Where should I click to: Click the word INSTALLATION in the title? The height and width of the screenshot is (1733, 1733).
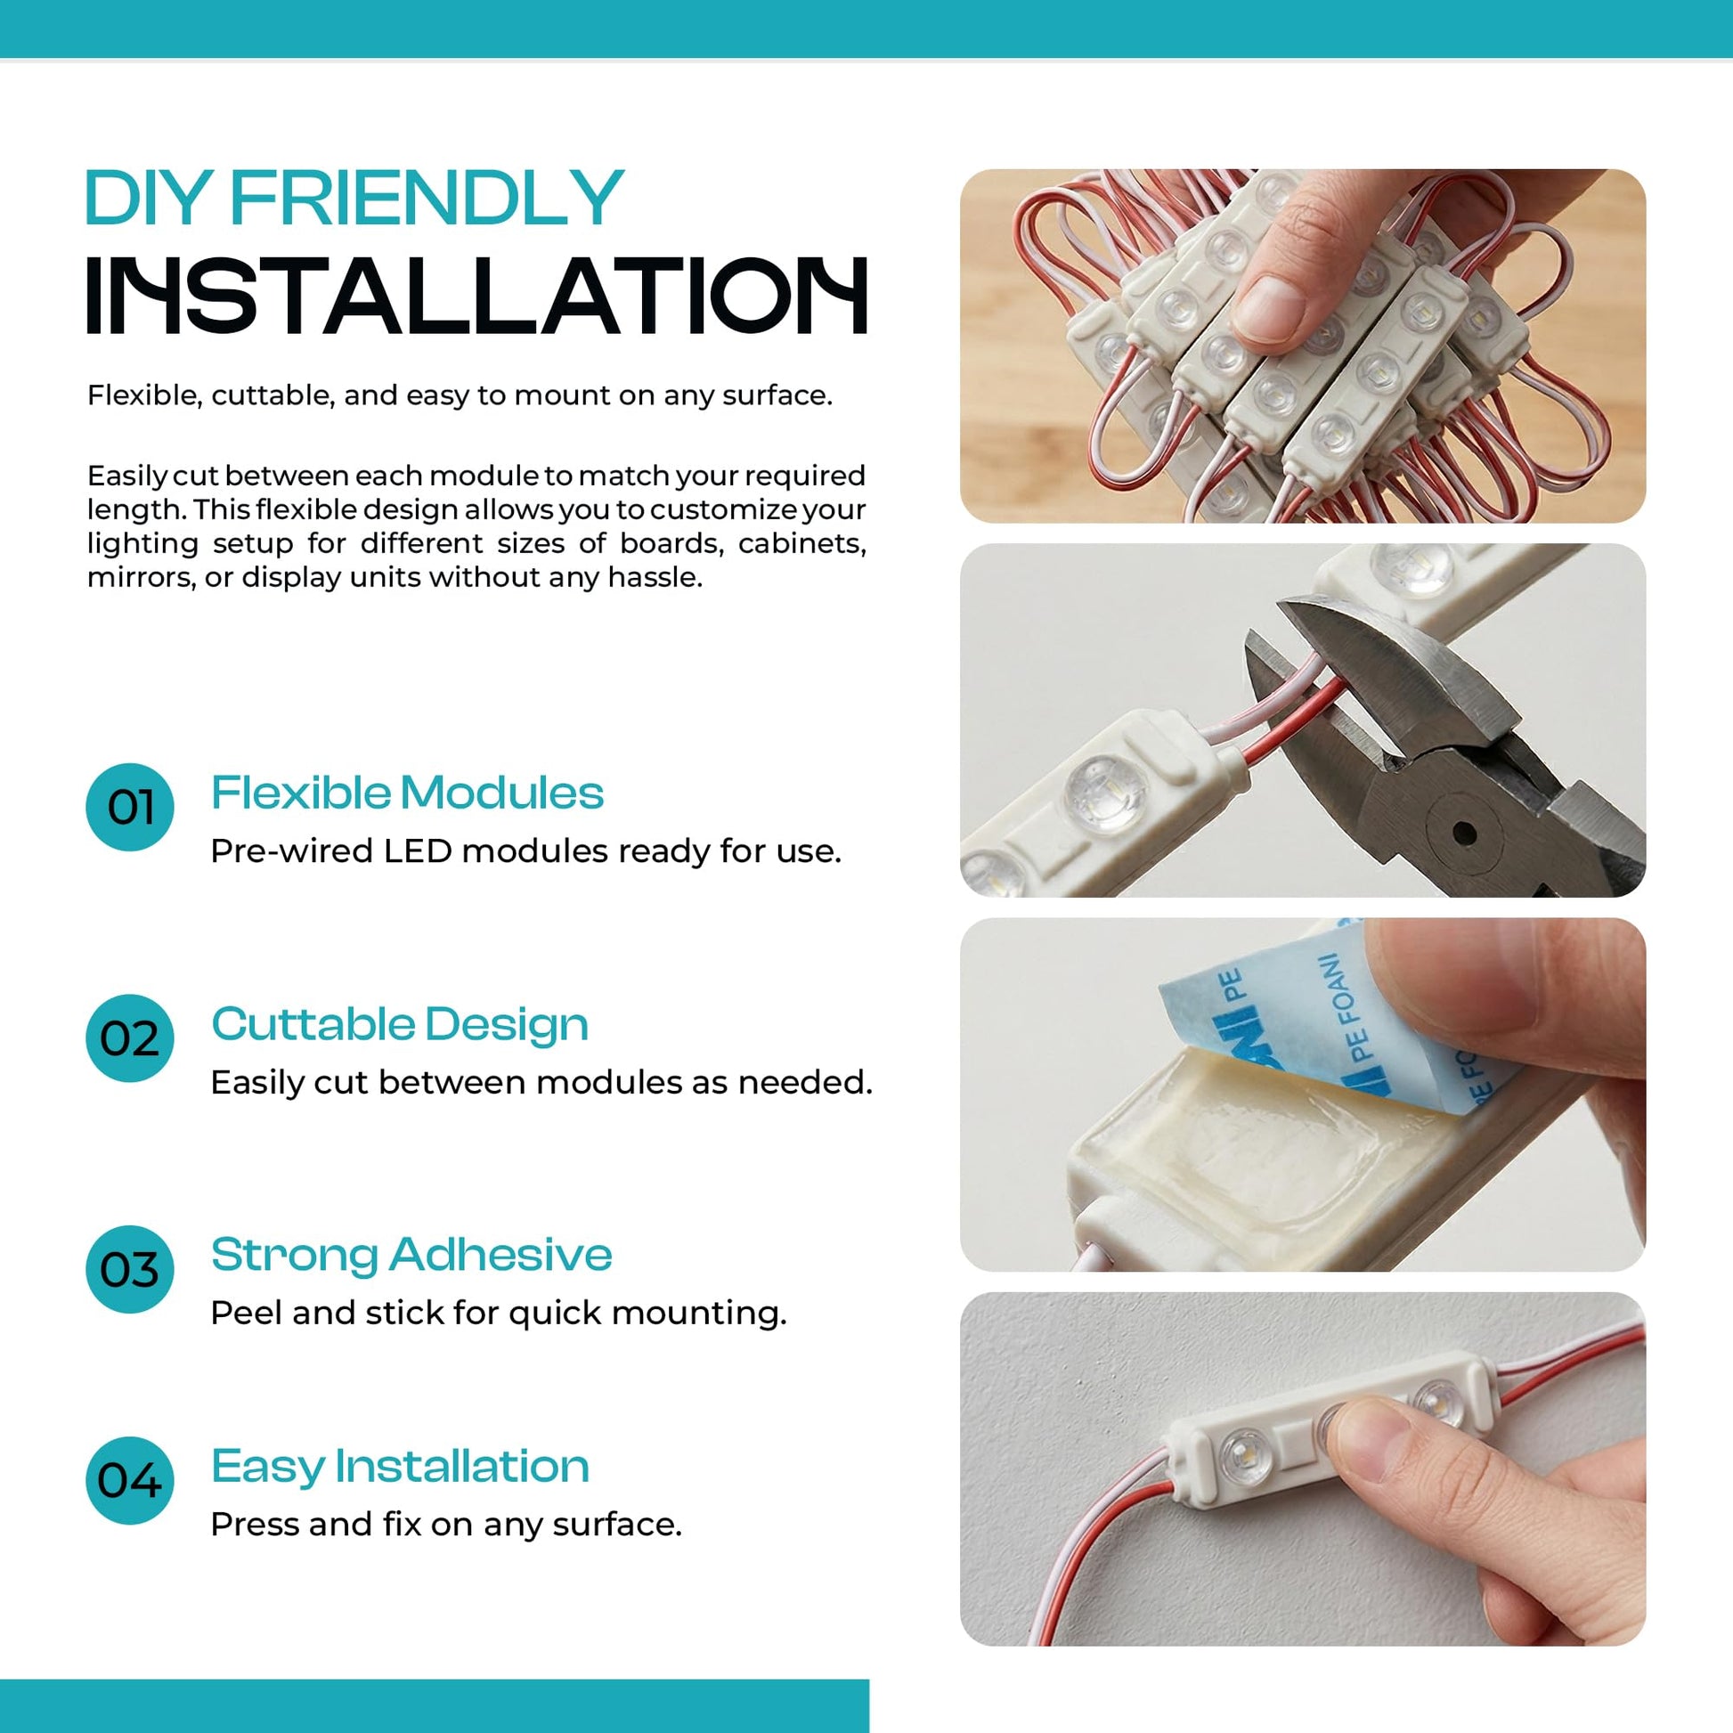(x=477, y=296)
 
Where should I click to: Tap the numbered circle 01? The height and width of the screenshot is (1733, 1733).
(x=130, y=808)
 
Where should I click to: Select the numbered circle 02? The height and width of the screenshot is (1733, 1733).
(x=130, y=1037)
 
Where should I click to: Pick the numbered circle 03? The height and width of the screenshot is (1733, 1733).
(x=130, y=1269)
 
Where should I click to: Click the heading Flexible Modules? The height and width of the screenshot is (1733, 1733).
(x=407, y=793)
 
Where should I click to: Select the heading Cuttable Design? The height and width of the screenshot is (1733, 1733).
(x=400, y=1025)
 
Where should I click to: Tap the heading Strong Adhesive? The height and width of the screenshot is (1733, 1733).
(x=411, y=1254)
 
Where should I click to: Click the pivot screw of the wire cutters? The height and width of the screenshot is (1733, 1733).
(x=1464, y=834)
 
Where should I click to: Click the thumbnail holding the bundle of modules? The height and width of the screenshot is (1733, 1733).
(x=1269, y=307)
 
